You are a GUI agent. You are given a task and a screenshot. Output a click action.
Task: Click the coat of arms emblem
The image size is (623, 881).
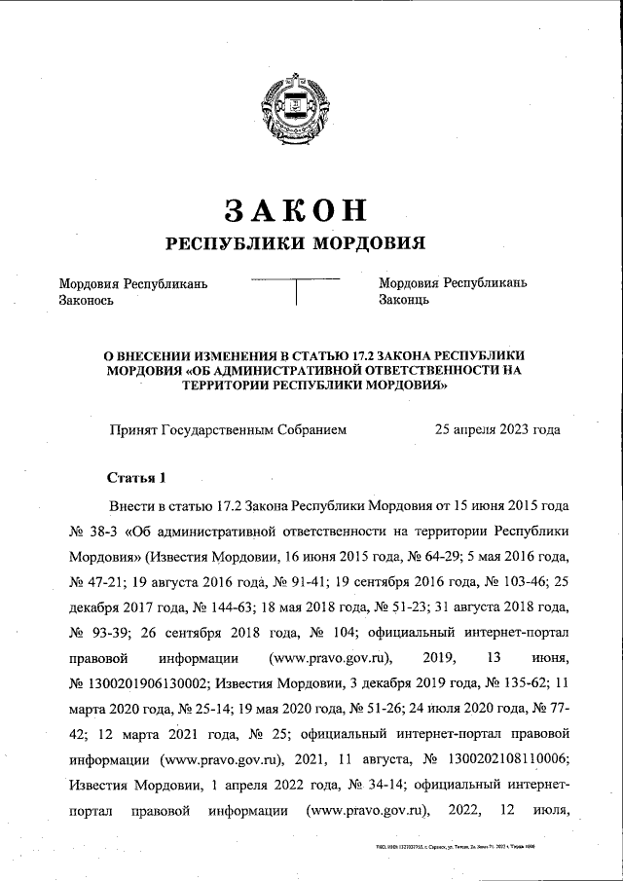294,106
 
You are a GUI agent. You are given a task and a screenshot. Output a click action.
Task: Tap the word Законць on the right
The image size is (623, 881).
404,300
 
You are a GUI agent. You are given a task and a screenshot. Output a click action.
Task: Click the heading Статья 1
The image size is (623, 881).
137,477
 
